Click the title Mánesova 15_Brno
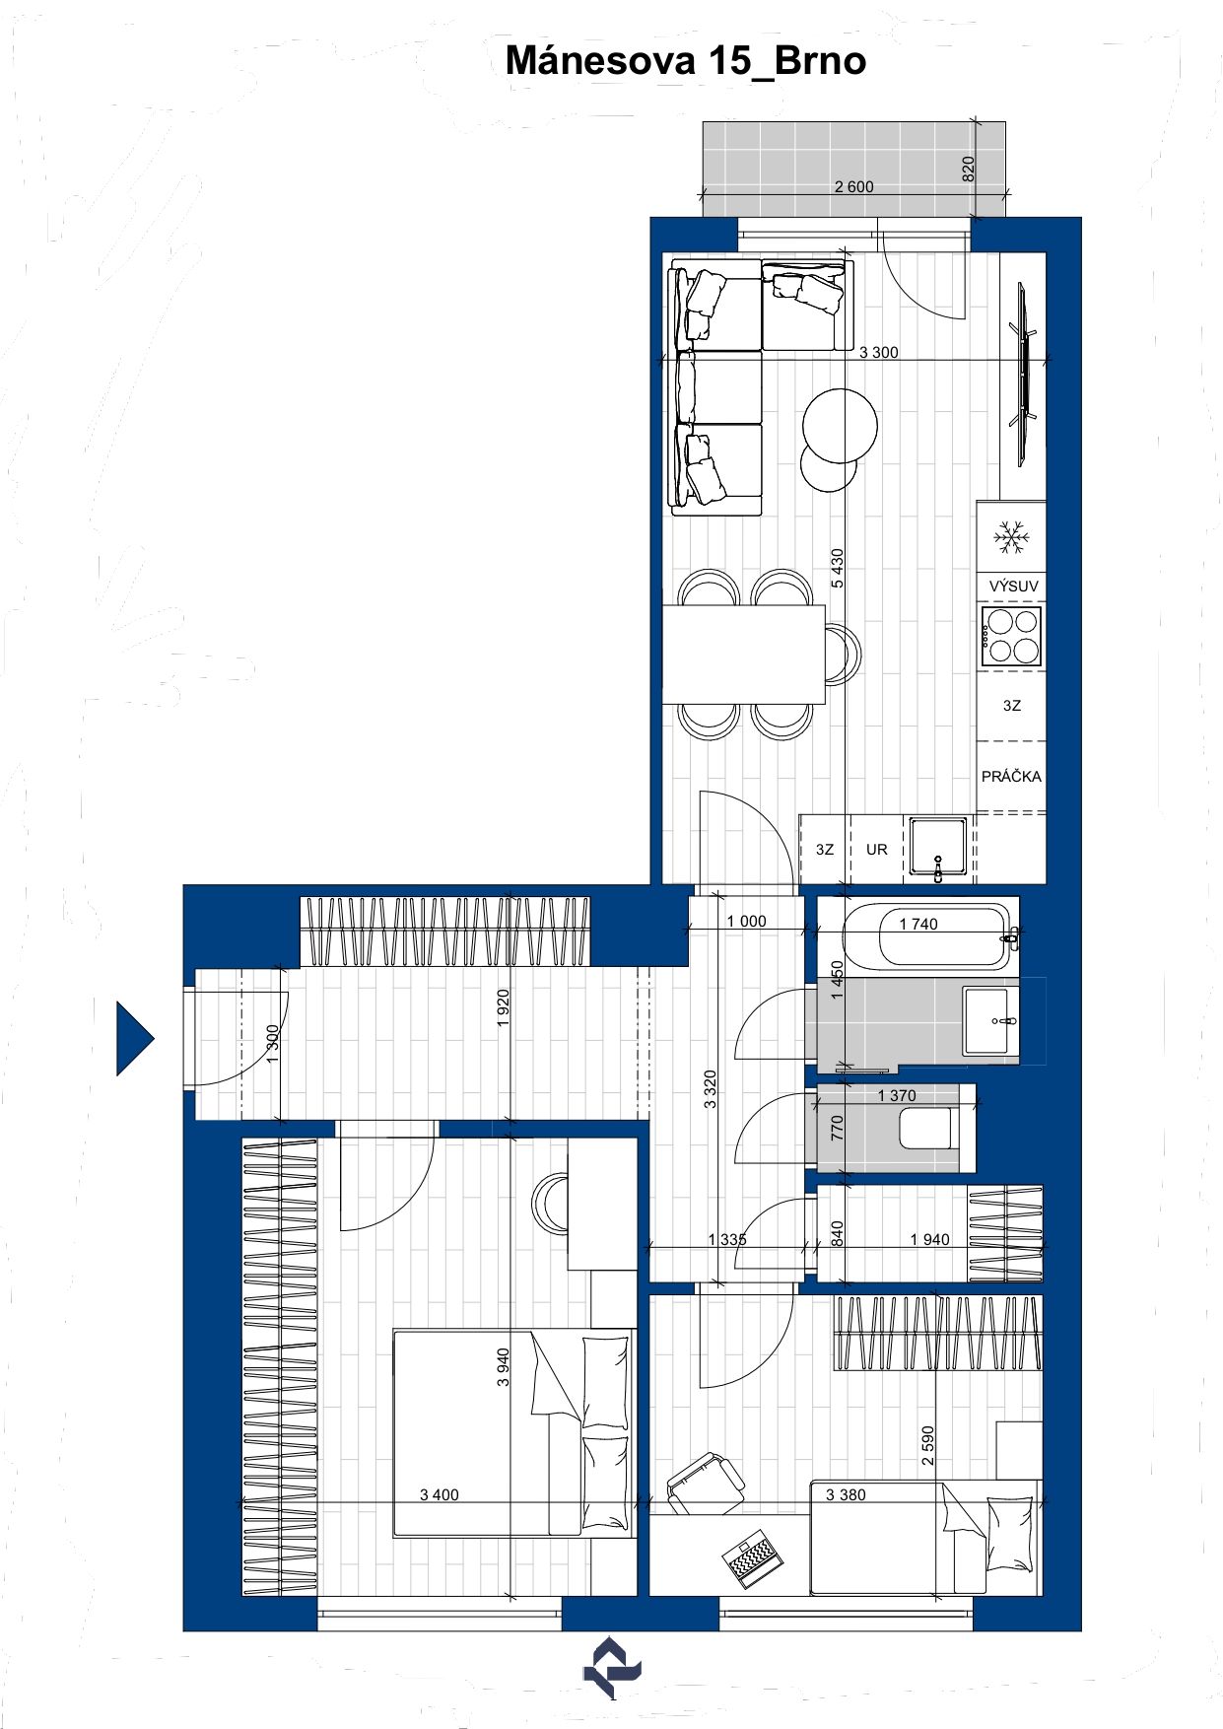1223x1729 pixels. tap(686, 61)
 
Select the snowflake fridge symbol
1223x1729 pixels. tap(1011, 537)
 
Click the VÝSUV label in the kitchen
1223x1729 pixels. tap(1013, 586)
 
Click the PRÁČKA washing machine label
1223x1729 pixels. tap(1011, 776)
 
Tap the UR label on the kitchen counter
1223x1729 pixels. tap(876, 849)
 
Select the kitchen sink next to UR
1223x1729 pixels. tap(938, 849)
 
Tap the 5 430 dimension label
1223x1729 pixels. tap(838, 569)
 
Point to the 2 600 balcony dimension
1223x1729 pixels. tap(853, 186)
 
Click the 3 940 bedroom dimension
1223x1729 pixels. tap(504, 1367)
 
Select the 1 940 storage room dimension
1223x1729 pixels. tap(929, 1239)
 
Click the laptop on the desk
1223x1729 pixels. tap(752, 1557)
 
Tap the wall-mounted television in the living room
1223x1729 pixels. tap(1023, 374)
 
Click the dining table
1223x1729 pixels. tap(743, 655)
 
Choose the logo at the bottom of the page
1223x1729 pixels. tap(612, 1667)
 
